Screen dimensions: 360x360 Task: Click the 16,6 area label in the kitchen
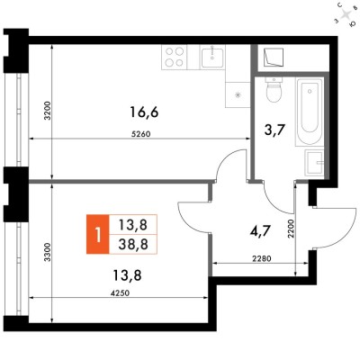click(x=144, y=112)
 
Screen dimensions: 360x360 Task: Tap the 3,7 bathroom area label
click(x=273, y=130)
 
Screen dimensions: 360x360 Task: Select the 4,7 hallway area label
click(x=261, y=231)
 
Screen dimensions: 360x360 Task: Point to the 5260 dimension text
click(x=140, y=134)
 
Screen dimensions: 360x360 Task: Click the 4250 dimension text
click(x=120, y=293)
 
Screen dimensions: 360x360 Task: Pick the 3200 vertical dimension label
click(x=48, y=111)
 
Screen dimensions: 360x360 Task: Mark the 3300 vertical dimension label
click(x=48, y=253)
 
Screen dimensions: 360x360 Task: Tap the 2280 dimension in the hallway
click(x=262, y=258)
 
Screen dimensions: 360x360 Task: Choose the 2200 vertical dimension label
click(x=291, y=229)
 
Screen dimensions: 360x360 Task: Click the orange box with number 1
click(x=97, y=234)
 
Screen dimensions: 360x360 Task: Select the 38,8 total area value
click(x=133, y=245)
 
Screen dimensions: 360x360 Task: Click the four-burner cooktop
click(x=175, y=58)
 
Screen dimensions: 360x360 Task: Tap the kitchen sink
click(x=212, y=58)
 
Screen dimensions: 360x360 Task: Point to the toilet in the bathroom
click(x=274, y=90)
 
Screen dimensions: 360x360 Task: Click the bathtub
click(x=310, y=112)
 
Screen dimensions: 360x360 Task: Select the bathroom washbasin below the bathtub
click(x=314, y=163)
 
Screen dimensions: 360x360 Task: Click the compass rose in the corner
click(x=346, y=14)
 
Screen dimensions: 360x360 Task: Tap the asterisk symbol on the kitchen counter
click(x=238, y=95)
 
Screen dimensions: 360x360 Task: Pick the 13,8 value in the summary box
click(x=133, y=225)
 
